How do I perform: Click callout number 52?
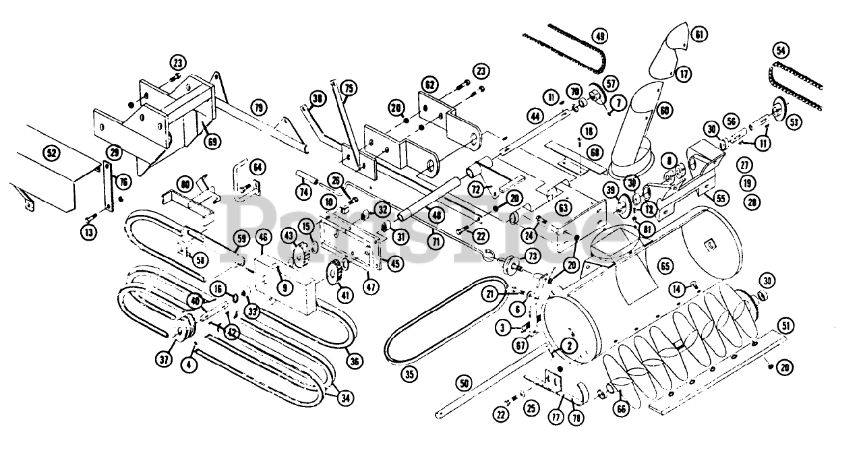50,153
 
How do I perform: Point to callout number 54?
781,51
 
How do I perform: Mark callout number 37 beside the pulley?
164,360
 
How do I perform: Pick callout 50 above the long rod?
463,384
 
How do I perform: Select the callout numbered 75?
348,89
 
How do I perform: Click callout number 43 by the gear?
289,236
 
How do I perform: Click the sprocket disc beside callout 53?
779,108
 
